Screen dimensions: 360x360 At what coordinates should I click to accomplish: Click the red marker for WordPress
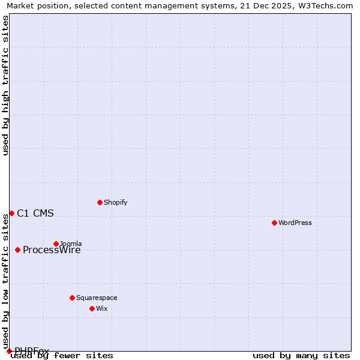(274, 223)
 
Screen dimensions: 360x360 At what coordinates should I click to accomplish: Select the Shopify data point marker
(100, 202)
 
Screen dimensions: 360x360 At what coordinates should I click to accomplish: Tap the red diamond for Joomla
(56, 244)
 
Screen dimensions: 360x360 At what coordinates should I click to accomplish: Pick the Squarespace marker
(72, 298)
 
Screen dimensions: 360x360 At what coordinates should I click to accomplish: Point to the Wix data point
(92, 308)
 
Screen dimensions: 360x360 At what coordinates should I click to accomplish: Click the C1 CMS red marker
(11, 213)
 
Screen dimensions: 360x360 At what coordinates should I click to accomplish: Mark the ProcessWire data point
(17, 250)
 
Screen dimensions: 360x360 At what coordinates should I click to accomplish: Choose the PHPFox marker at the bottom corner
(9, 351)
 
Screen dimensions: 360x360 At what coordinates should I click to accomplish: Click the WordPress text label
(295, 223)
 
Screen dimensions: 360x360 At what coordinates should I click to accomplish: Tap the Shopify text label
(115, 202)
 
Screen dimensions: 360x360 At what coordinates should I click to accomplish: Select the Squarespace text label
(97, 298)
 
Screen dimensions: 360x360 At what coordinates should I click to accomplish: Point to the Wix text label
(101, 308)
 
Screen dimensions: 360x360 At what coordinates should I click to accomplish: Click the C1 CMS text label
(35, 213)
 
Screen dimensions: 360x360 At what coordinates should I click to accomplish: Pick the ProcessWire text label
(52, 250)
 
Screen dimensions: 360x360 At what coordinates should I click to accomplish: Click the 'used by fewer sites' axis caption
(62, 356)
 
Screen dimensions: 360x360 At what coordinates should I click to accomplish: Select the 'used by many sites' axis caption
(301, 356)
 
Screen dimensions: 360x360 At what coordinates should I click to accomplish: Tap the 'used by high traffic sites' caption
(5, 85)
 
